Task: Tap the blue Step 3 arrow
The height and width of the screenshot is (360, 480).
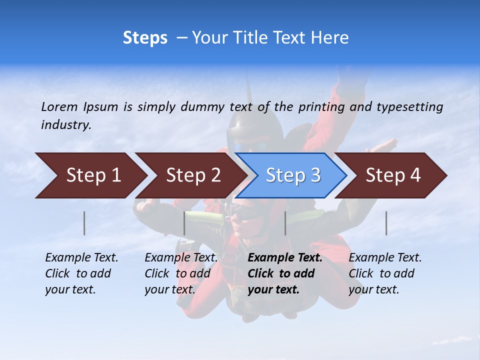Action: [293, 175]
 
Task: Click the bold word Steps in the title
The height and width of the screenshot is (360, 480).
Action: [145, 37]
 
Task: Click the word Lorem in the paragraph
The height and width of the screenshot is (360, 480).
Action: [59, 106]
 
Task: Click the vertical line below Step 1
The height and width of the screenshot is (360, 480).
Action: [84, 223]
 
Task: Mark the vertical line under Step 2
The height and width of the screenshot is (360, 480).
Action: [184, 223]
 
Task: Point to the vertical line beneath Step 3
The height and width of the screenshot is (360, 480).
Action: [285, 223]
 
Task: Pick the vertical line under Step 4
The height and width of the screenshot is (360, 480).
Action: [386, 223]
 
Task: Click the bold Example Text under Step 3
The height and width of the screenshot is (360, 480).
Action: [285, 258]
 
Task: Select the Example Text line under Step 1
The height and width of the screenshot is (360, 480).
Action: [81, 258]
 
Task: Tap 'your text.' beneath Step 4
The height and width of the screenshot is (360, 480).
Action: [373, 289]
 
